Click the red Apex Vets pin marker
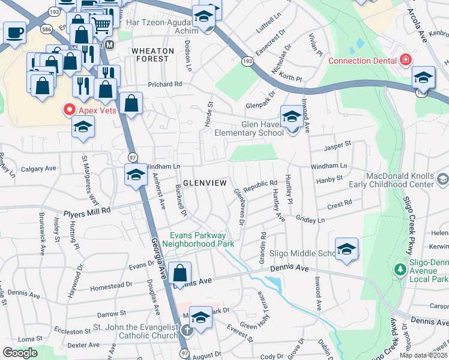coord(68,110)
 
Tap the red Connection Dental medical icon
coord(405,61)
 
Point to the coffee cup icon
coord(14,32)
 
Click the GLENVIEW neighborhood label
coord(204,182)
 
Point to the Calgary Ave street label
coord(38,169)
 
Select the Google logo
coord(20,352)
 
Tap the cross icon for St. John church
coord(187,331)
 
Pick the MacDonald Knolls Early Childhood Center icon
coord(442,179)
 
